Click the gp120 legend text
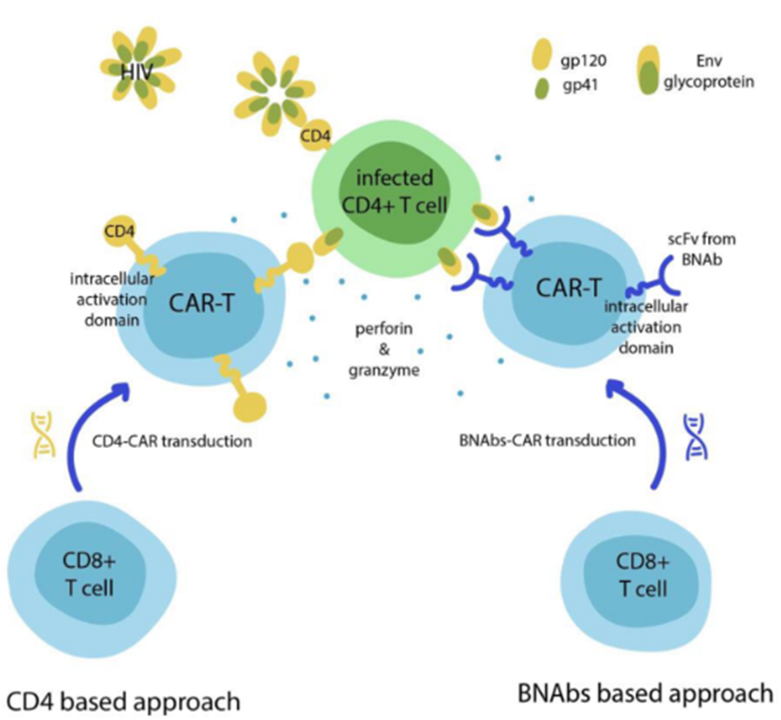[x=584, y=61]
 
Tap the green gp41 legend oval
[x=541, y=88]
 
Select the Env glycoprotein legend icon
[x=649, y=70]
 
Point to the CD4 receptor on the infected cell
[x=316, y=135]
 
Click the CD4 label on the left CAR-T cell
[x=119, y=231]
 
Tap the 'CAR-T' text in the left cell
[x=201, y=303]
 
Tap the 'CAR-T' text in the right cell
[x=569, y=287]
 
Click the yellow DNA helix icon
[x=44, y=434]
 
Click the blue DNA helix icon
[x=696, y=436]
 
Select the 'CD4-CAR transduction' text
[x=172, y=441]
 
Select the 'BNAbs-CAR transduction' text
[x=548, y=440]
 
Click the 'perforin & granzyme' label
[x=384, y=349]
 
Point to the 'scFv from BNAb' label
[x=701, y=249]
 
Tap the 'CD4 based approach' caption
[x=123, y=701]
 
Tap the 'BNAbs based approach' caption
[x=645, y=693]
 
